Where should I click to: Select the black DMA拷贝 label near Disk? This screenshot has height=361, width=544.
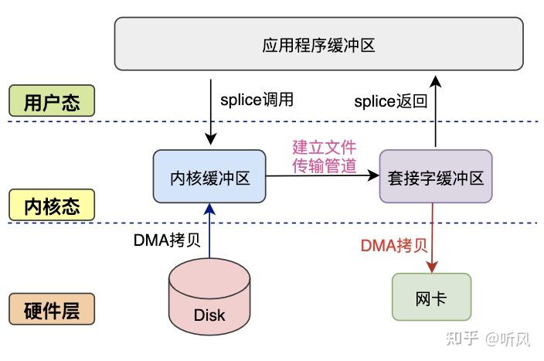point(167,240)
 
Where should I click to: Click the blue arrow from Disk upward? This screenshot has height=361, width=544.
point(209,232)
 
